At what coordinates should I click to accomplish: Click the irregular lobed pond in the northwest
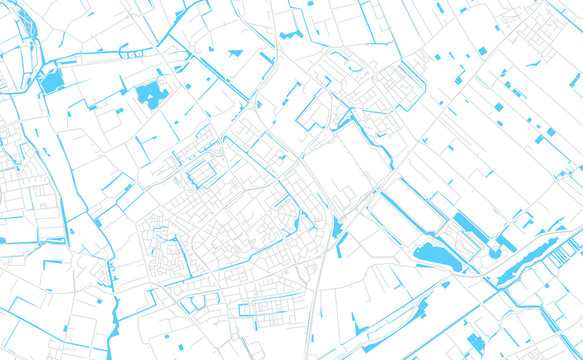152,94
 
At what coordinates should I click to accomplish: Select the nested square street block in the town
202,174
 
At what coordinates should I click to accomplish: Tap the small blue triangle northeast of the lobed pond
236,52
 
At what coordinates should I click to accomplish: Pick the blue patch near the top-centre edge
290,35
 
